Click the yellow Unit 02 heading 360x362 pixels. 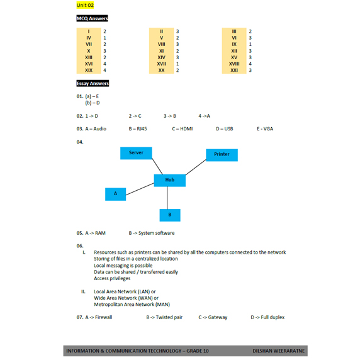pos(85,5)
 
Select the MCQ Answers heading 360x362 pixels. pos(92,18)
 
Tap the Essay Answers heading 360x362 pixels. pos(93,83)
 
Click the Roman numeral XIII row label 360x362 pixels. pos(89,57)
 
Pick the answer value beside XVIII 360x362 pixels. pos(250,64)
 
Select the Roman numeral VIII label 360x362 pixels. pos(161,44)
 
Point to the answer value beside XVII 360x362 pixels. pos(177,64)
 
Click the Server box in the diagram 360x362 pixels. pos(136,153)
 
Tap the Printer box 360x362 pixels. pos(222,155)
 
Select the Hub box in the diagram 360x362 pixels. pos(170,180)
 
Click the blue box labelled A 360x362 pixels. pos(115,194)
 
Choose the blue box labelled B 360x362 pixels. pos(170,215)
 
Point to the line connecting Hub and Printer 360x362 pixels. pos(196,167)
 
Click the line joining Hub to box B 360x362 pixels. pos(167,198)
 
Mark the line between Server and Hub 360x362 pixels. pos(157,166)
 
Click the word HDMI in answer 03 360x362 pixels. pos(186,129)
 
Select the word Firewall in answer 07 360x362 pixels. pos(104,317)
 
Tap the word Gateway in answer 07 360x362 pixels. pos(218,317)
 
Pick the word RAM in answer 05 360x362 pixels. pos(101,233)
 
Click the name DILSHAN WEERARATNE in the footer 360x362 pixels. pos(279,351)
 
